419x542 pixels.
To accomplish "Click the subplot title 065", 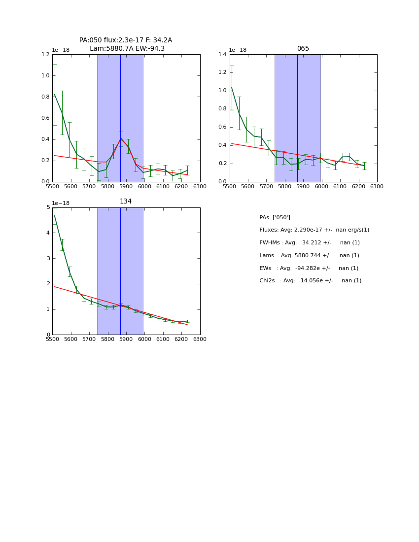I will click(x=303, y=49).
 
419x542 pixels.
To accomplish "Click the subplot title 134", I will click(x=126, y=202).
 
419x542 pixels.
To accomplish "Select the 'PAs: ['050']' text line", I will click(x=275, y=217).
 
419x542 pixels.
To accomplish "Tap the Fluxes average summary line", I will click(x=314, y=230).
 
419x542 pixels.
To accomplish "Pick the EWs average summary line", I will click(x=309, y=269).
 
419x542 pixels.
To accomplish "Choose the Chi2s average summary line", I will click(x=310, y=281).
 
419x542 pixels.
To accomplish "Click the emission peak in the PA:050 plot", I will click(x=121, y=138).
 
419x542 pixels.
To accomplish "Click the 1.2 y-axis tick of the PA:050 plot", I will click(x=45, y=55).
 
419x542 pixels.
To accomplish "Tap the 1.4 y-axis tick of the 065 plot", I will click(x=223, y=55).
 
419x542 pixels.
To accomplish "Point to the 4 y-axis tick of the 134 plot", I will click(x=47, y=233).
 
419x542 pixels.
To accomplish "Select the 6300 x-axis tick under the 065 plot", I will click(x=377, y=186).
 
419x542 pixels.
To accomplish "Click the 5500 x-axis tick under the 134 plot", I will click(x=52, y=339).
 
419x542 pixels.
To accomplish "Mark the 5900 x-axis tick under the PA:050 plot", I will click(x=126, y=186).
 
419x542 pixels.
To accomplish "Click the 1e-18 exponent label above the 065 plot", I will click(x=238, y=50).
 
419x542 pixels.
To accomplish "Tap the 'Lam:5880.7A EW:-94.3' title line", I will click(x=127, y=49).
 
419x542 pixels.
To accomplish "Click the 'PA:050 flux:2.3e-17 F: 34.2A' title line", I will click(x=126, y=40).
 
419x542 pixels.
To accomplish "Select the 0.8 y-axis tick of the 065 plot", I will click(x=223, y=109).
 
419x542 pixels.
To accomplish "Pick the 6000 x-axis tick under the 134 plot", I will click(x=144, y=339).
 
